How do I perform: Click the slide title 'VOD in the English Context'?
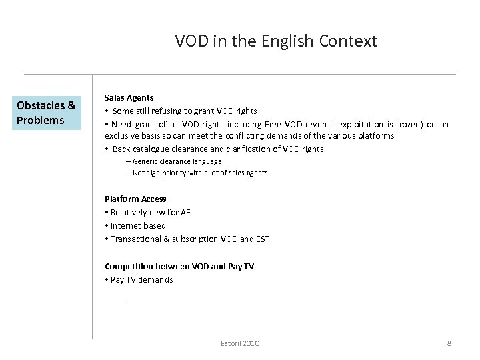[x=275, y=41]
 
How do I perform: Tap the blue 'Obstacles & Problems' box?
[x=46, y=113]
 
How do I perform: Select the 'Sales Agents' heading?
[x=129, y=97]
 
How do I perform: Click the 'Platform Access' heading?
[x=135, y=199]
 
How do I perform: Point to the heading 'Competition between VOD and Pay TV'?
[x=179, y=266]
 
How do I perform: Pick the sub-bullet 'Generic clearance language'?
[x=177, y=161]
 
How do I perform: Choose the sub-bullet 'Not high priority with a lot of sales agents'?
[x=200, y=173]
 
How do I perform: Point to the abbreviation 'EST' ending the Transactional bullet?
[x=262, y=239]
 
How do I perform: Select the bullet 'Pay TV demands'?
[x=141, y=280]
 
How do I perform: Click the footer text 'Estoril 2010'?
[x=240, y=343]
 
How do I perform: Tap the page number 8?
[x=449, y=343]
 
